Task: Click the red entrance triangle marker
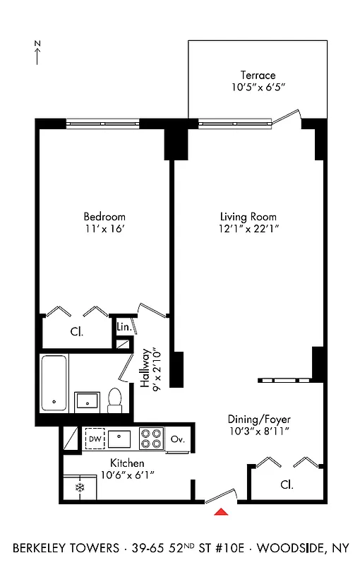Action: click(x=222, y=512)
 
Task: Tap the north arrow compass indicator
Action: click(x=37, y=54)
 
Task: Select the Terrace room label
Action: click(x=258, y=76)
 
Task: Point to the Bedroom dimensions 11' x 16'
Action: click(x=104, y=229)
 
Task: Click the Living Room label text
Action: click(x=248, y=217)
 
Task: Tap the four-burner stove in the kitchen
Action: click(x=150, y=439)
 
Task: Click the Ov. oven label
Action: click(x=178, y=439)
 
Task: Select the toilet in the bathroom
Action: click(x=116, y=400)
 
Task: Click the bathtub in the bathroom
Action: click(x=54, y=383)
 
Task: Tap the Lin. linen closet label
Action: click(x=124, y=327)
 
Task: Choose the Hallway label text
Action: click(x=145, y=368)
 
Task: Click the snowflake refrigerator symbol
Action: click(x=80, y=488)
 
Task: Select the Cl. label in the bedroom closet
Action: click(x=76, y=332)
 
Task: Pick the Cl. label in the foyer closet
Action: click(x=286, y=485)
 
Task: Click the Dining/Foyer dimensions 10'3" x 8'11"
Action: click(x=258, y=431)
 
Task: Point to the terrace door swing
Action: click(x=289, y=117)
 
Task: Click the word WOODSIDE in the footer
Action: click(x=289, y=548)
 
